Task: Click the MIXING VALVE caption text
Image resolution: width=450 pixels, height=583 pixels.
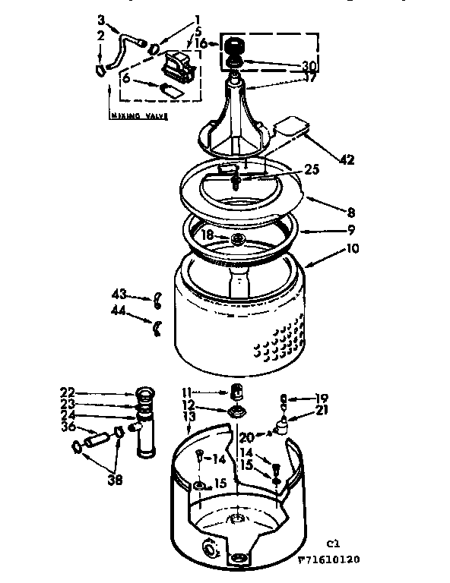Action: [138, 116]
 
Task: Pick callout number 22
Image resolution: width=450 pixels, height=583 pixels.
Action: [68, 392]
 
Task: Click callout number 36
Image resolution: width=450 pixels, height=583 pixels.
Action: [68, 427]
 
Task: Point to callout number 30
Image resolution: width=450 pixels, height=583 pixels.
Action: [309, 65]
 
